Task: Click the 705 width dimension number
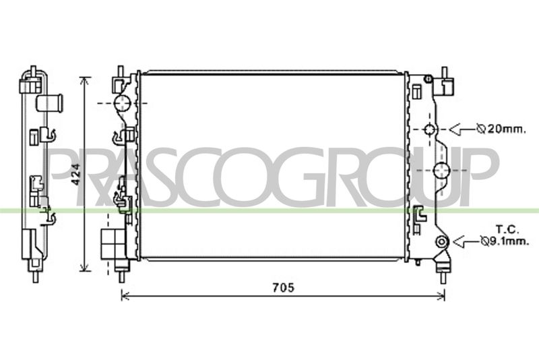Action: pos(284,287)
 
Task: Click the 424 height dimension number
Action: pos(77,175)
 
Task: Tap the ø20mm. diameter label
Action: pos(501,129)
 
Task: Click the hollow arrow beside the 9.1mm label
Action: pos(466,242)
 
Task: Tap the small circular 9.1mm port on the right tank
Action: pos(441,242)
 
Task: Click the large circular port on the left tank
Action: pos(123,103)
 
